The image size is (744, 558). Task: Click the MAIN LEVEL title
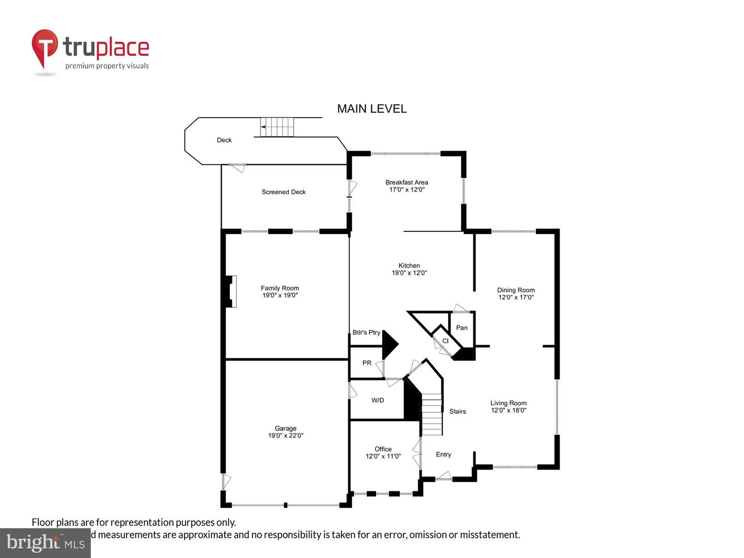point(371,109)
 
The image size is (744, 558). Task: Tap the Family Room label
point(280,288)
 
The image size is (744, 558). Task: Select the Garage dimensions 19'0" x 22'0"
point(285,436)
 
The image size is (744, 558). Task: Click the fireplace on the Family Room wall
point(231,291)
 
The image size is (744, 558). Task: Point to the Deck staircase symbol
point(276,127)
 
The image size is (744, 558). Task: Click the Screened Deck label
point(283,192)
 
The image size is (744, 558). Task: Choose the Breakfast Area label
point(407,182)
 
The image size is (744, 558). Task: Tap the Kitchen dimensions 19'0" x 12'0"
point(409,273)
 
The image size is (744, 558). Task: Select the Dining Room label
point(516,290)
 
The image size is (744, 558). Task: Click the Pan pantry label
point(462,328)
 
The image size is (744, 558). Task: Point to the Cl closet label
point(445,341)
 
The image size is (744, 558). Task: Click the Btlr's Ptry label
point(366,333)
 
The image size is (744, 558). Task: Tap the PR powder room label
point(367,363)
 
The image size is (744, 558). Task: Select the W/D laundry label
point(378,400)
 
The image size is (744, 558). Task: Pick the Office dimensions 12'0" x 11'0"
point(383,456)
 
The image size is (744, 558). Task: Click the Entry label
point(443,455)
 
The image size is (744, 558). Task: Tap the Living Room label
point(508,404)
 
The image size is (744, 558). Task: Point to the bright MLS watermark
point(45,543)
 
